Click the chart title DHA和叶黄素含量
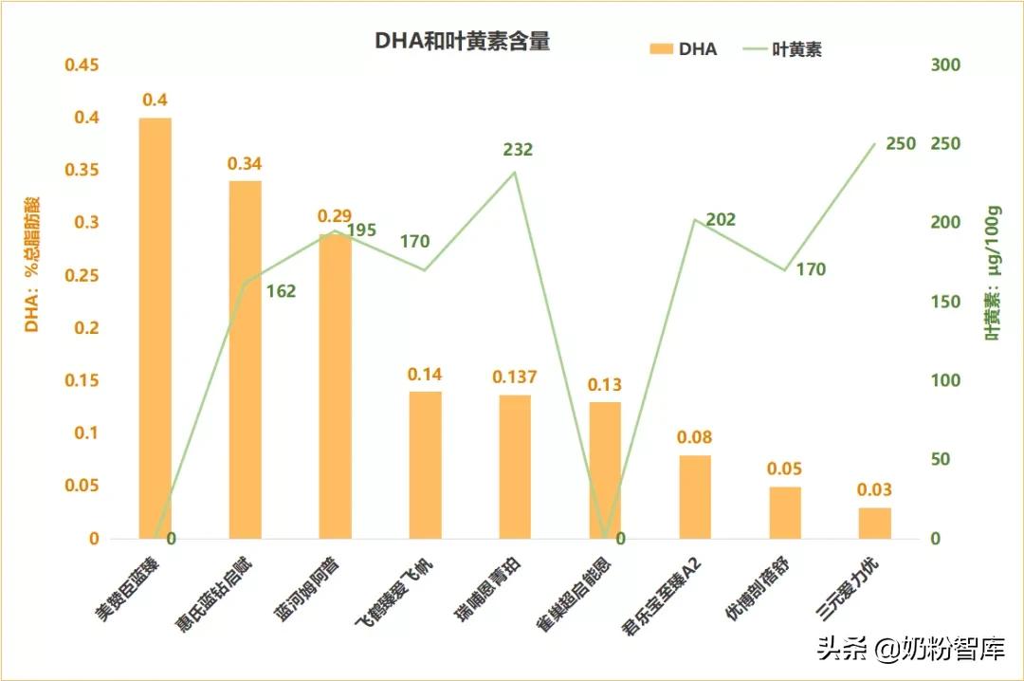462,41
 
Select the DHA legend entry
683,49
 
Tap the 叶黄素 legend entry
782,49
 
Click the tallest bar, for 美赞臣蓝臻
155,328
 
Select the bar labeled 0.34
245,359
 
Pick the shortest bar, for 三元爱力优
875,523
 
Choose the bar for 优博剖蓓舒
785,512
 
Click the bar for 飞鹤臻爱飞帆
425,465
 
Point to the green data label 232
518,150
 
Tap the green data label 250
901,144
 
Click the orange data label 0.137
514,377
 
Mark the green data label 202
721,220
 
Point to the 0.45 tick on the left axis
81,65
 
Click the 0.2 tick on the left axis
87,328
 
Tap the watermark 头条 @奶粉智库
910,651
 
